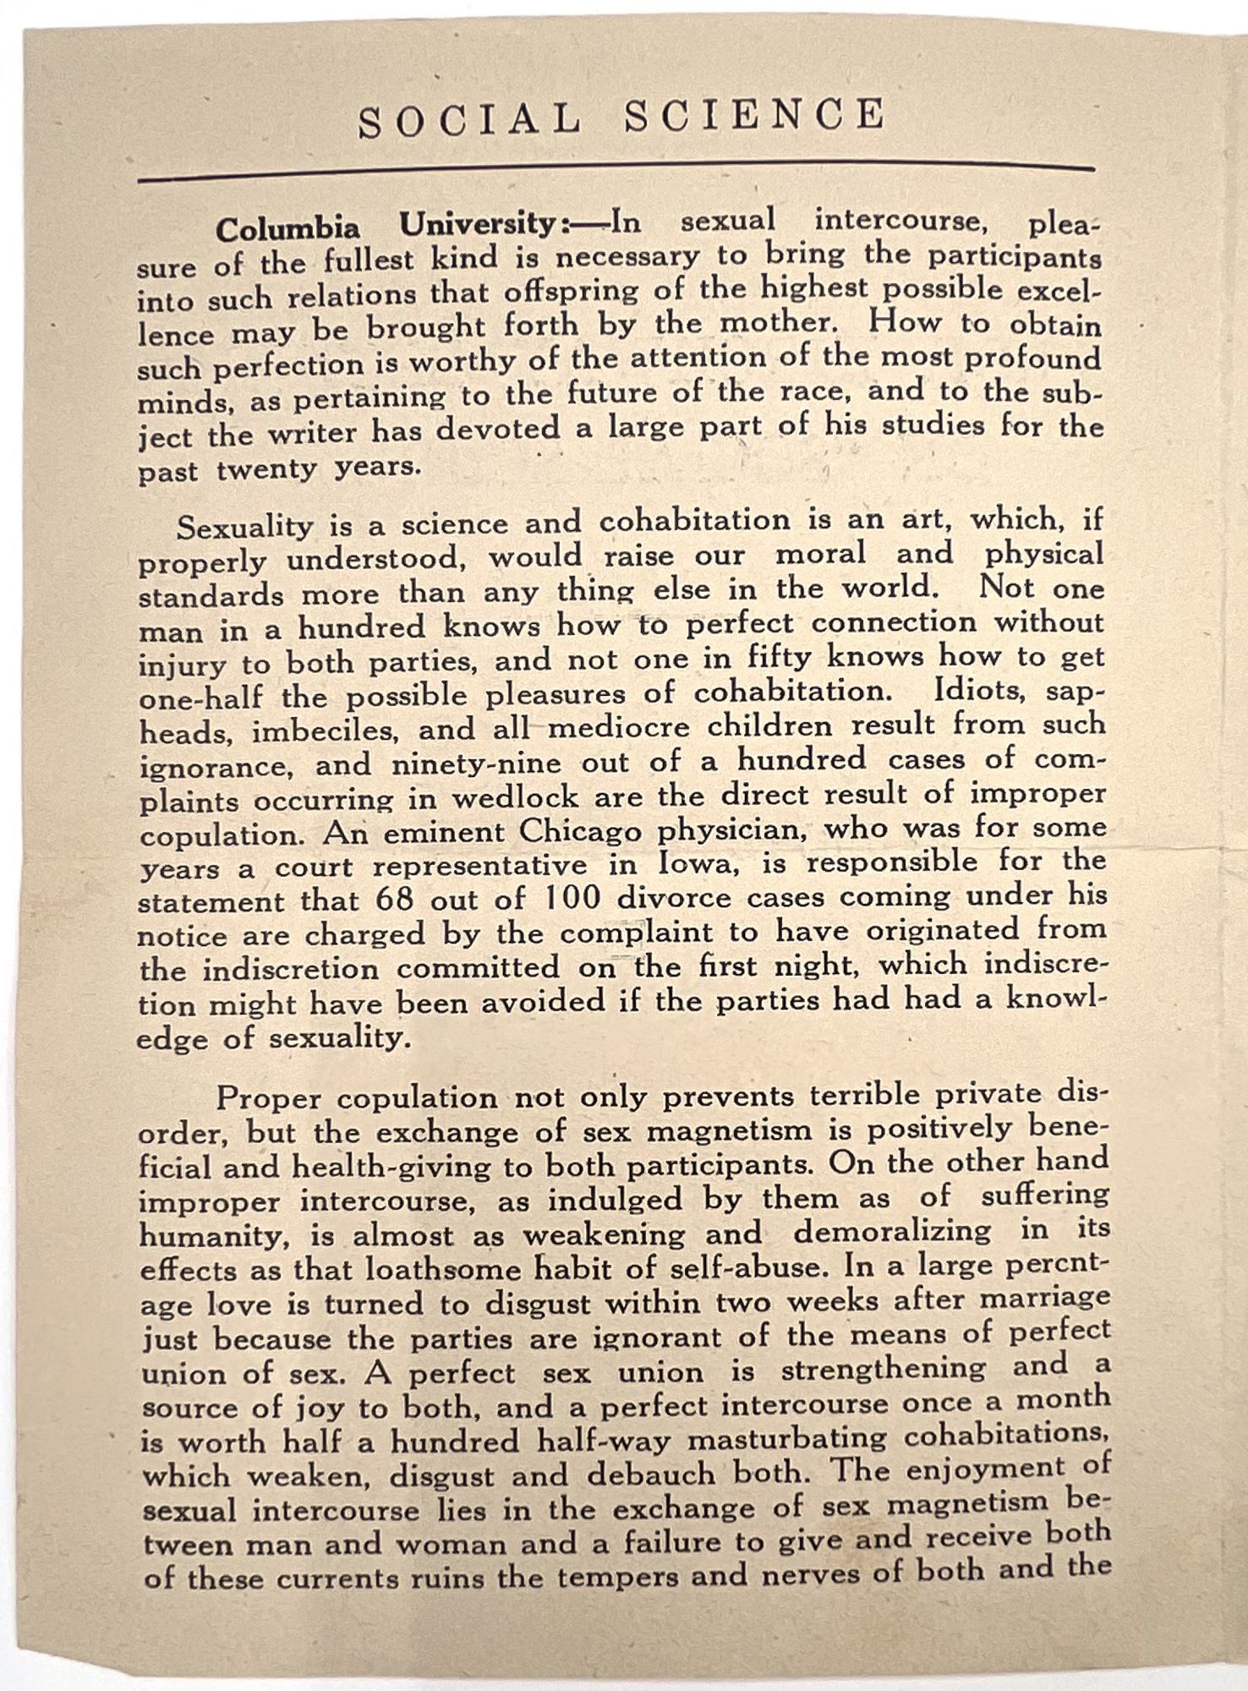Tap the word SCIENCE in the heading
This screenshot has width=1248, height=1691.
755,115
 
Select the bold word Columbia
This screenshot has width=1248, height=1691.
287,228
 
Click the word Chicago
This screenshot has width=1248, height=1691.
583,831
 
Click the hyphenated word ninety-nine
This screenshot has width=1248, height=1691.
476,763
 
